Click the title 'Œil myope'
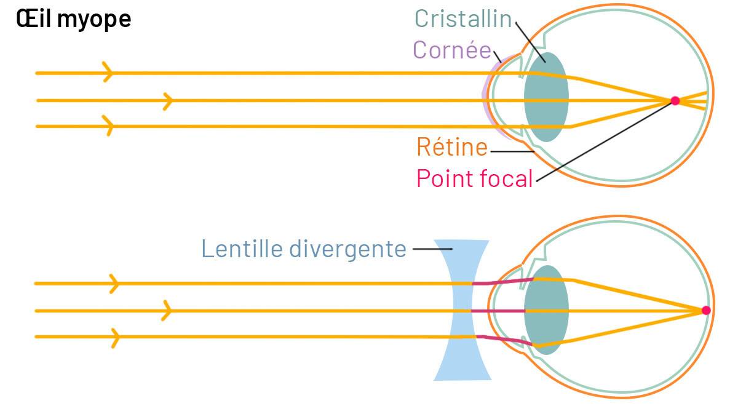tap(74, 19)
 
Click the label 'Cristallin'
tap(463, 18)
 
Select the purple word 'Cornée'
tap(452, 50)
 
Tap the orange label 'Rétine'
tap(452, 147)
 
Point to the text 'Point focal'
tap(474, 178)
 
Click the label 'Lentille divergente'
tap(304, 249)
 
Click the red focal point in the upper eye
tap(675, 100)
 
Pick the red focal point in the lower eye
tap(706, 311)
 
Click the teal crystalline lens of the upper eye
tap(546, 97)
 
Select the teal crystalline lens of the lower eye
tap(546, 309)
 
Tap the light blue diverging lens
tap(461, 311)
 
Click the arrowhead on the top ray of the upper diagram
tap(109, 73)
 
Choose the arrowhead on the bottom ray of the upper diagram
tap(109, 126)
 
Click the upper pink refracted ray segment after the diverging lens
tap(501, 281)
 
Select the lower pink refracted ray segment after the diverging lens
tap(501, 340)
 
